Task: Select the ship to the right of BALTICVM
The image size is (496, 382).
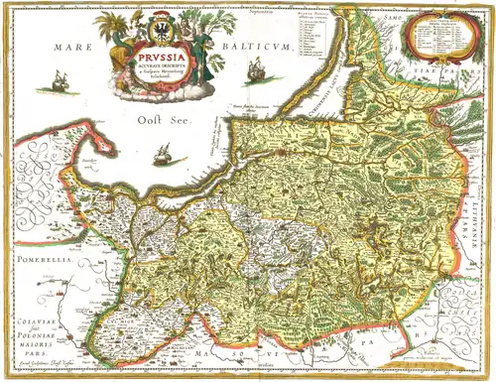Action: pyautogui.click(x=256, y=69)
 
